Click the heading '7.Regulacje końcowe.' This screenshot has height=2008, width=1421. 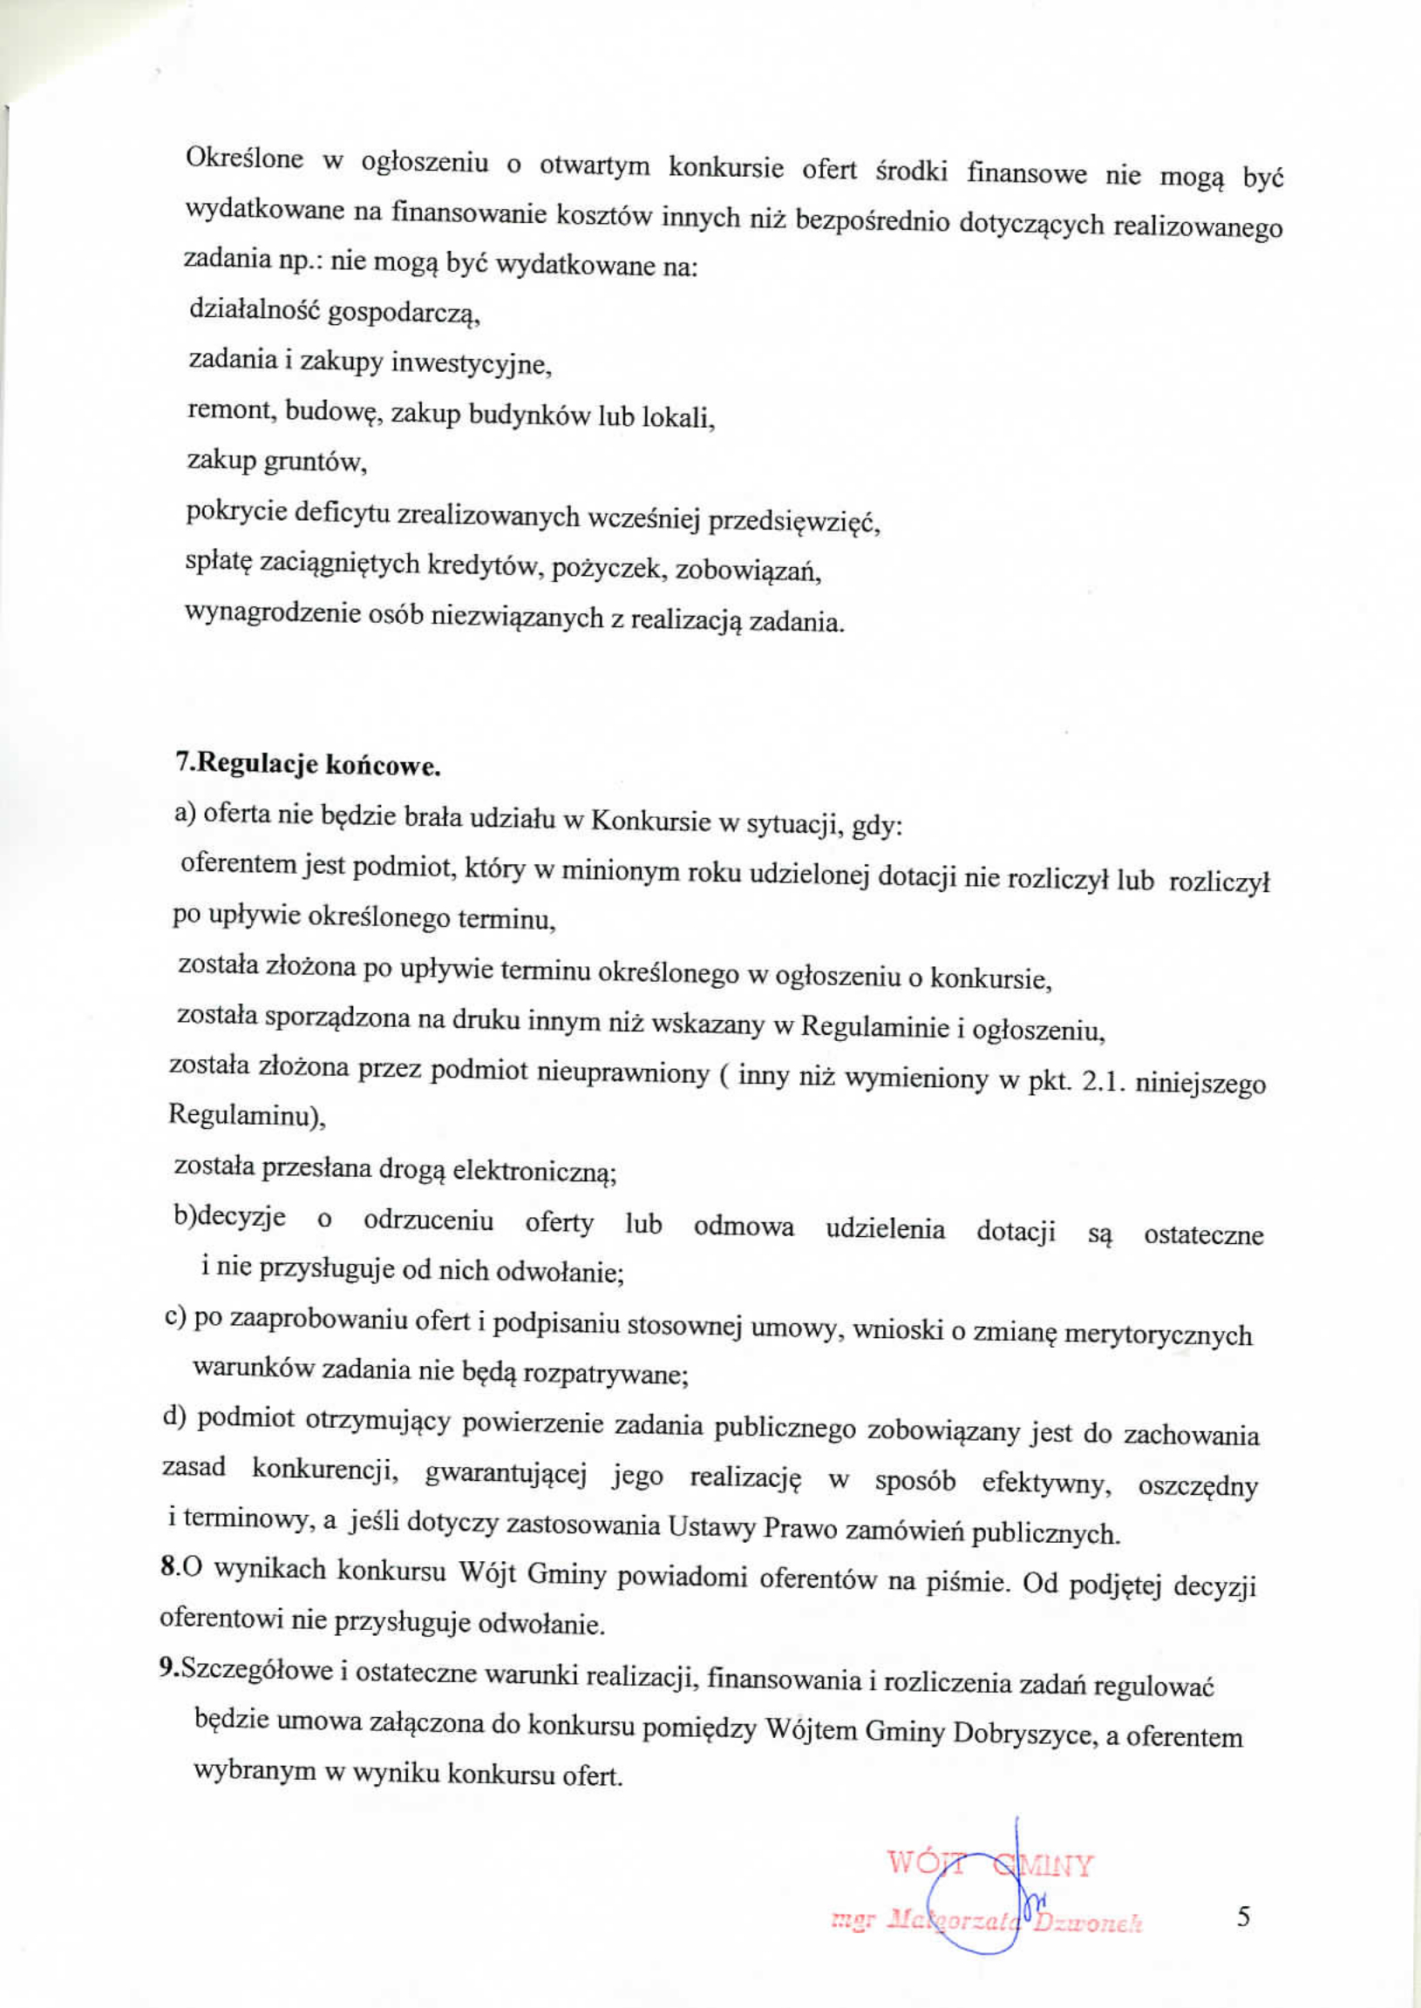pyautogui.click(x=307, y=766)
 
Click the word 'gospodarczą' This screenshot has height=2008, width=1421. pyautogui.click(x=405, y=314)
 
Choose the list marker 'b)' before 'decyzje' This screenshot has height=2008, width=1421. pyautogui.click(x=185, y=1217)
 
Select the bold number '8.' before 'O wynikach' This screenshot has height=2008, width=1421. pyautogui.click(x=171, y=1566)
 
